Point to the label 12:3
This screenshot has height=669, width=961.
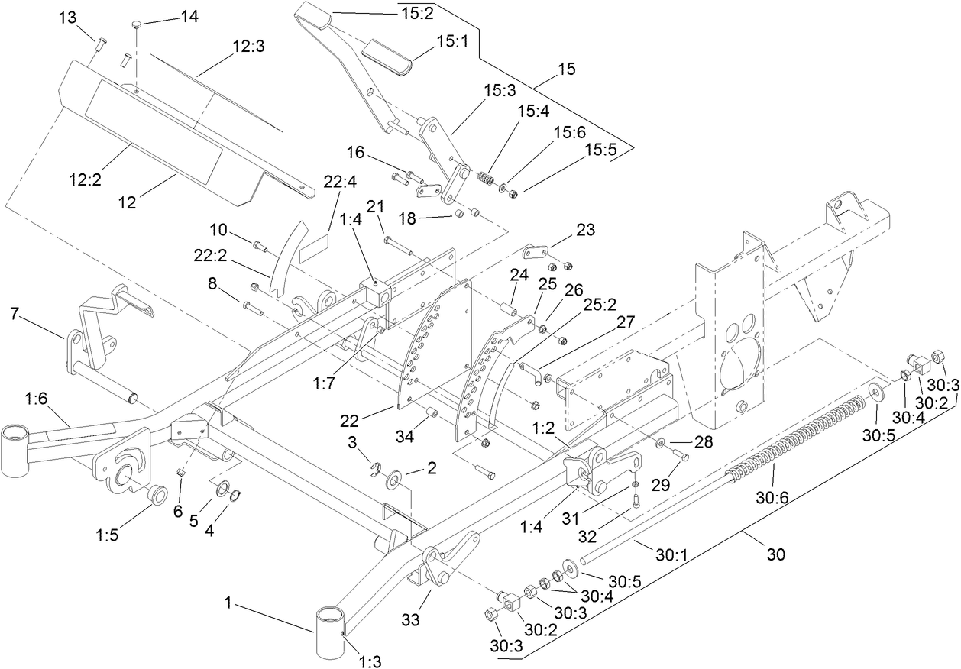pos(248,47)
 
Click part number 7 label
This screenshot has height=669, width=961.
pos(15,313)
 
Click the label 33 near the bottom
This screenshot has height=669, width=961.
pos(411,620)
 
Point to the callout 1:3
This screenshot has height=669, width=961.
pos(369,658)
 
